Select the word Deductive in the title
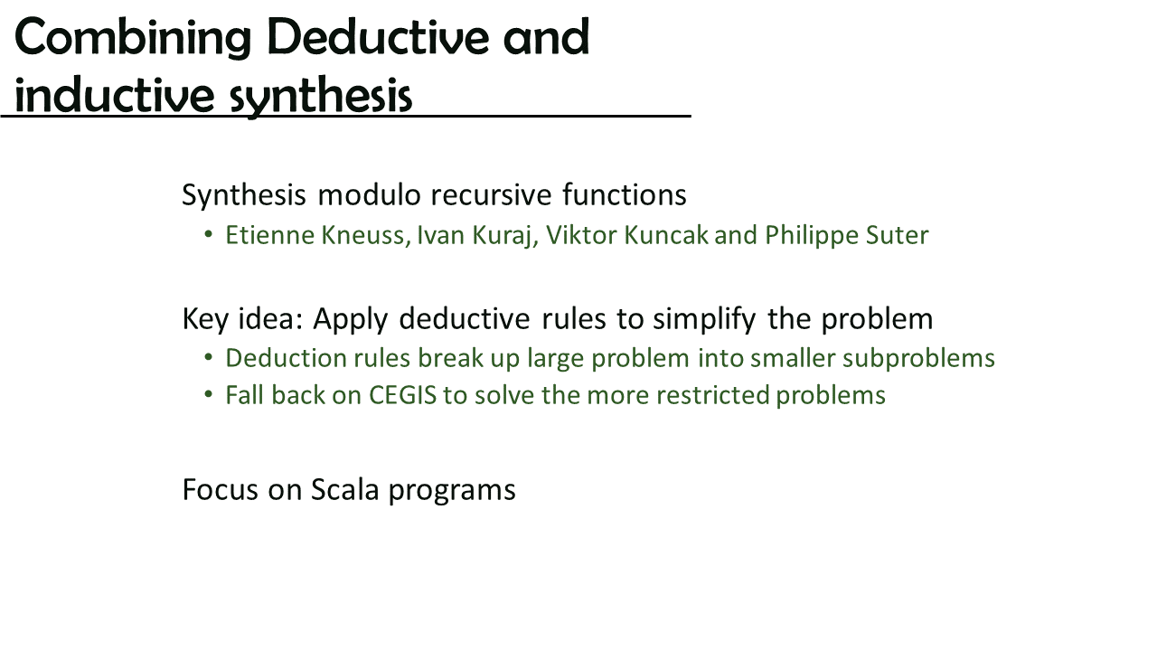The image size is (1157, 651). coord(378,36)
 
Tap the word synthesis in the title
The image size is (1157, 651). coord(321,96)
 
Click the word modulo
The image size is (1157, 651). coord(369,194)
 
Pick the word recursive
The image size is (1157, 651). coord(491,194)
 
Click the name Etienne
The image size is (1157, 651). coord(270,235)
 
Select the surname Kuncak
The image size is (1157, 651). coord(666,235)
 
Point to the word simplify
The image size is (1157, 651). coord(704,319)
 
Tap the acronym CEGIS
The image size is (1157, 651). coord(403,395)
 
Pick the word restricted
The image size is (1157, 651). coord(711,395)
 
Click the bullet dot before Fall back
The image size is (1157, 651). coord(209,395)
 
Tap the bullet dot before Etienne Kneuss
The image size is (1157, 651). coord(209,234)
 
